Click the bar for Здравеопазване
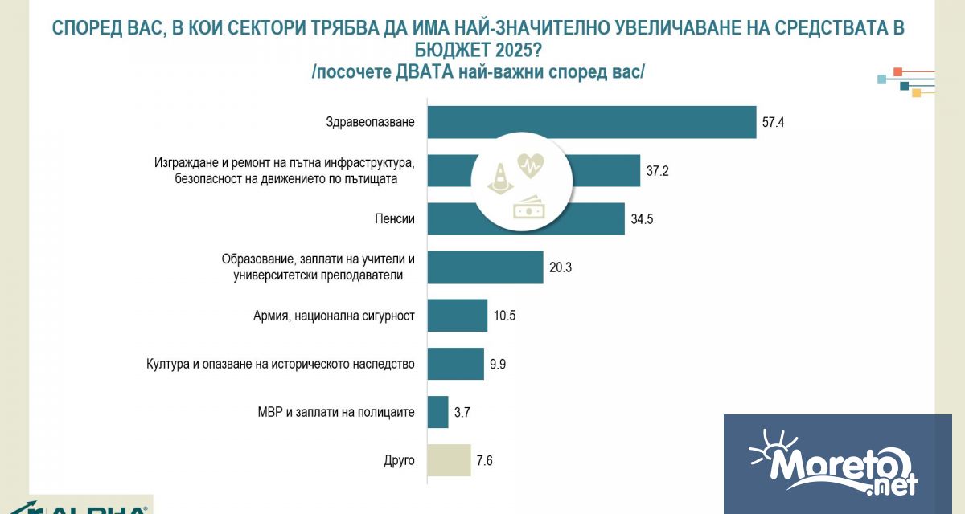pyautogui.click(x=591, y=122)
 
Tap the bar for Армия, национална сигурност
pyautogui.click(x=457, y=315)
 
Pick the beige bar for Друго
pyautogui.click(x=449, y=460)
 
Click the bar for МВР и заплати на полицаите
pyautogui.click(x=437, y=412)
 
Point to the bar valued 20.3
pyautogui.click(x=485, y=267)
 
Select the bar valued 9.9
pyautogui.click(x=455, y=364)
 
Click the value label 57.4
pyautogui.click(x=772, y=122)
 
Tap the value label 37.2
pyautogui.click(x=656, y=170)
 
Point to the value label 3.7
pyautogui.click(x=462, y=412)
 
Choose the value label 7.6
pyautogui.click(x=485, y=460)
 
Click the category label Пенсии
pyautogui.click(x=396, y=218)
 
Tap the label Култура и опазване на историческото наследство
pyautogui.click(x=280, y=364)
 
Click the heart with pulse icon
pyautogui.click(x=529, y=166)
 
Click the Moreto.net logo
pyautogui.click(x=836, y=464)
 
